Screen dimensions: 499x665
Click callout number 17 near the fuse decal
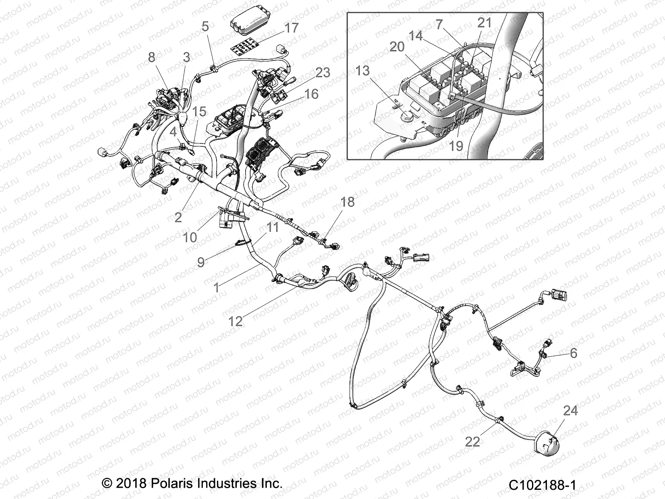tap(292, 28)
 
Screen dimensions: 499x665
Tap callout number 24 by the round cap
tap(570, 411)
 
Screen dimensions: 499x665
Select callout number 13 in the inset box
tap(362, 71)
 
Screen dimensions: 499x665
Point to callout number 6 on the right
tap(574, 353)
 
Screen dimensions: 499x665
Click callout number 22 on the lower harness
tap(472, 441)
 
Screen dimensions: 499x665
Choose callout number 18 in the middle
tap(347, 202)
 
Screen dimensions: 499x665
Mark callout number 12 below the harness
tap(235, 321)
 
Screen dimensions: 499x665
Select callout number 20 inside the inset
tap(397, 47)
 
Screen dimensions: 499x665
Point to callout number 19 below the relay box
tap(456, 146)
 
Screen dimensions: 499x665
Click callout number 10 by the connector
tap(190, 237)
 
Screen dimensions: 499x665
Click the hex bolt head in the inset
tap(407, 119)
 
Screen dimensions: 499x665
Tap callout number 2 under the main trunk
tap(178, 217)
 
